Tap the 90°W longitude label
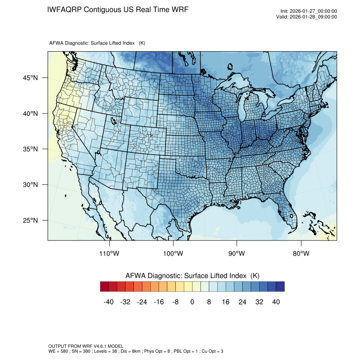tap(237, 254)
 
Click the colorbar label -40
tap(108, 302)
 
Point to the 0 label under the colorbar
tap(192, 302)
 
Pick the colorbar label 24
tap(242, 302)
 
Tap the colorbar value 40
tap(276, 302)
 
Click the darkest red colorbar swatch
tap(105, 287)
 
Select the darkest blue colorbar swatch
tap(280, 287)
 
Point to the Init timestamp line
tap(309, 11)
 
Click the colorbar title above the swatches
tap(192, 276)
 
